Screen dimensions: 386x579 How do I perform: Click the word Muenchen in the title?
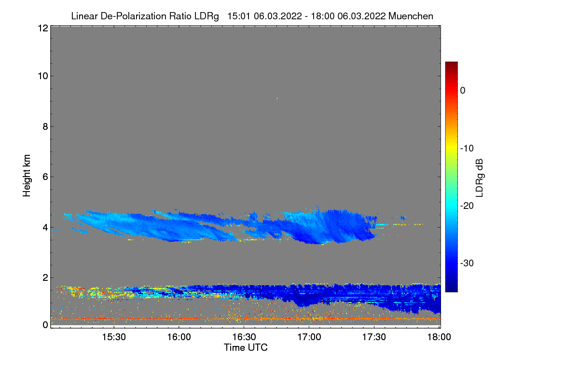(411, 16)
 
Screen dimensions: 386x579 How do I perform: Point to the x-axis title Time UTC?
(246, 347)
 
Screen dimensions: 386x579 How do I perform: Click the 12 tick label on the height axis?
(42, 28)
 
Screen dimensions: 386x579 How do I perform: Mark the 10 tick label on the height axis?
(42, 76)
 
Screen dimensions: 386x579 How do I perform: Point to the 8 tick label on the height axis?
(45, 126)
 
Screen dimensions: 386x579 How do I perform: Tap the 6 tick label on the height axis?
(45, 177)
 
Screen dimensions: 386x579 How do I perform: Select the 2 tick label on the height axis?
(45, 277)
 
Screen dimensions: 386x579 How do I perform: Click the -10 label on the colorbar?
(467, 148)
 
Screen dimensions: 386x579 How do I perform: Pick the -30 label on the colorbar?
(467, 263)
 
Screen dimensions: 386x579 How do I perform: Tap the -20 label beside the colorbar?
(467, 206)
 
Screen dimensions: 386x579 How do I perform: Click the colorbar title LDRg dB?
(479, 178)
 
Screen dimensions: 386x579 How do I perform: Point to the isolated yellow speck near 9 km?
(277, 98)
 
